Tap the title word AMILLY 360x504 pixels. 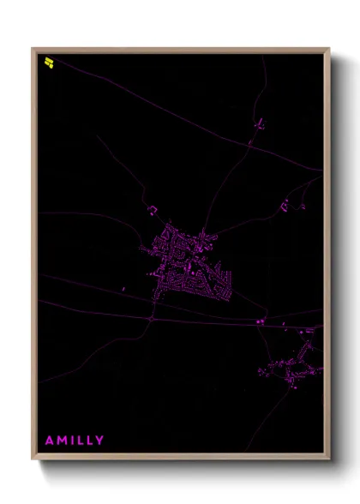[x=75, y=441]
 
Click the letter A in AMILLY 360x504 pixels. [x=50, y=441]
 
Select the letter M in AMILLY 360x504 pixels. [x=62, y=441]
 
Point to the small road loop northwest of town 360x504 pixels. [x=153, y=209]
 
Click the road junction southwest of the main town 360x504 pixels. [x=151, y=318]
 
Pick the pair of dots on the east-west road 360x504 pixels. [x=260, y=321]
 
